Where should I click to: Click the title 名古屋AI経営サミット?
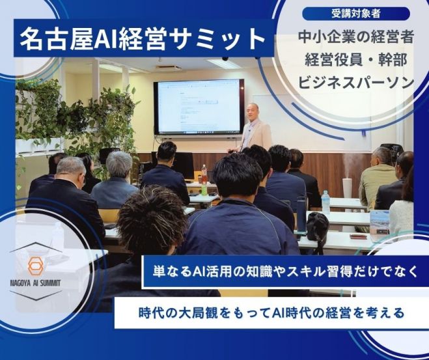coord(143,39)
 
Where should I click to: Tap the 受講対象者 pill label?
coord(356,14)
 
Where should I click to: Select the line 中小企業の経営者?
coord(355,37)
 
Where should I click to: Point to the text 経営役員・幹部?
coord(355,60)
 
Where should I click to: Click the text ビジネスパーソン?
coord(355,82)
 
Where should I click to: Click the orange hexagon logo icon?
coord(36,266)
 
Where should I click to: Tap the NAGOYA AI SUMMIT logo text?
coord(35,283)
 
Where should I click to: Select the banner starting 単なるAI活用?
coord(285,271)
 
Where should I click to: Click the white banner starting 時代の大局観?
coord(271,312)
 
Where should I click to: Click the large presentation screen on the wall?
coord(199,107)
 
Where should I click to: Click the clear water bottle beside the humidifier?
coord(325,202)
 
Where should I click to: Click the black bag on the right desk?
coord(318,229)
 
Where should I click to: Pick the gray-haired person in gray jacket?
coord(115,180)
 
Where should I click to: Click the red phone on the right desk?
coord(358,236)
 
